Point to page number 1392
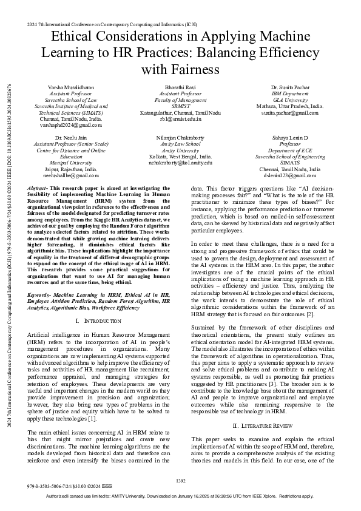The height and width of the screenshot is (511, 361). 180,481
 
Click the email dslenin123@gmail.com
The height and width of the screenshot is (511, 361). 291,175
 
